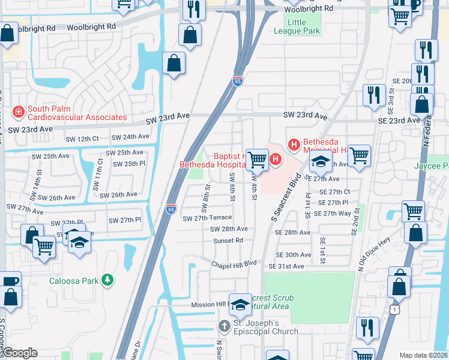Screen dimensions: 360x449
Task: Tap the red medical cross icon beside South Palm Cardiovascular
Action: coord(18,112)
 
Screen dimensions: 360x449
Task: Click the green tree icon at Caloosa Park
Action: coord(107,280)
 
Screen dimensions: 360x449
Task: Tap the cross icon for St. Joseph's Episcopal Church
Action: coord(224,326)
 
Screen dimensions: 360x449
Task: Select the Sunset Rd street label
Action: coord(228,240)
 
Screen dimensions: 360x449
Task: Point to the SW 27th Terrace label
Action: coord(206,218)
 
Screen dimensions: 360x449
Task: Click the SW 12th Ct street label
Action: coord(79,139)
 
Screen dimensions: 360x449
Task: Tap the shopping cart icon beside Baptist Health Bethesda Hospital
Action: coord(258,159)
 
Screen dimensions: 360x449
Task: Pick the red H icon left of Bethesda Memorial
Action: coord(294,145)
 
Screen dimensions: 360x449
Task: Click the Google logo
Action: coord(20,353)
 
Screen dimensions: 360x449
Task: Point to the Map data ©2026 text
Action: coord(424,355)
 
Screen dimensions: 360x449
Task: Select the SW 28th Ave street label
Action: coord(229,229)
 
